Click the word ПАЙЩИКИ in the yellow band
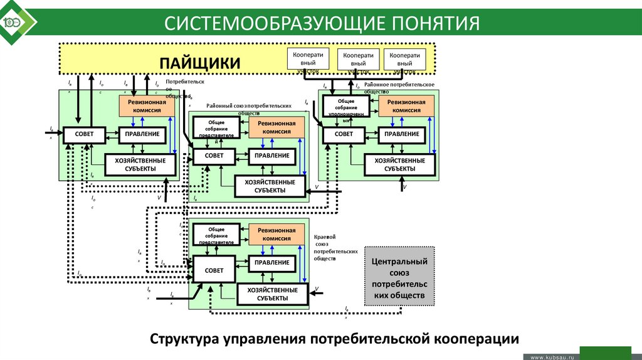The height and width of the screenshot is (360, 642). (200, 63)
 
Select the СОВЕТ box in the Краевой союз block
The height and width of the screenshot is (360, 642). (213, 270)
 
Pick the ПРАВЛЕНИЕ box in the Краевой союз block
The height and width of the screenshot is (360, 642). (272, 263)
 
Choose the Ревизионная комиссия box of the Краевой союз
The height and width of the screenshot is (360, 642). (276, 235)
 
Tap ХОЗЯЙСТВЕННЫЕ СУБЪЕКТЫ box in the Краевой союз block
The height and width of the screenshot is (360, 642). (272, 294)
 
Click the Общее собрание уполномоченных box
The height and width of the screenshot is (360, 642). (346, 106)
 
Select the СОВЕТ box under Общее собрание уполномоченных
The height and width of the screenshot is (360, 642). (344, 134)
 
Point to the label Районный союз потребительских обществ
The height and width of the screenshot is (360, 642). (249, 109)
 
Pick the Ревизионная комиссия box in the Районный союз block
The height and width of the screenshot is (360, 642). (276, 128)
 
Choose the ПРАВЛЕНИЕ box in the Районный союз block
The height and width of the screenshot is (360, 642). (272, 156)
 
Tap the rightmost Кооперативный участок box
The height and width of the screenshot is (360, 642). (404, 60)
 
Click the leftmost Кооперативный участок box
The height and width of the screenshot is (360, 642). (308, 59)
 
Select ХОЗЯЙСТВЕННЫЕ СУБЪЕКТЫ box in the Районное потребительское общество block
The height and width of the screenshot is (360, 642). (399, 165)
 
